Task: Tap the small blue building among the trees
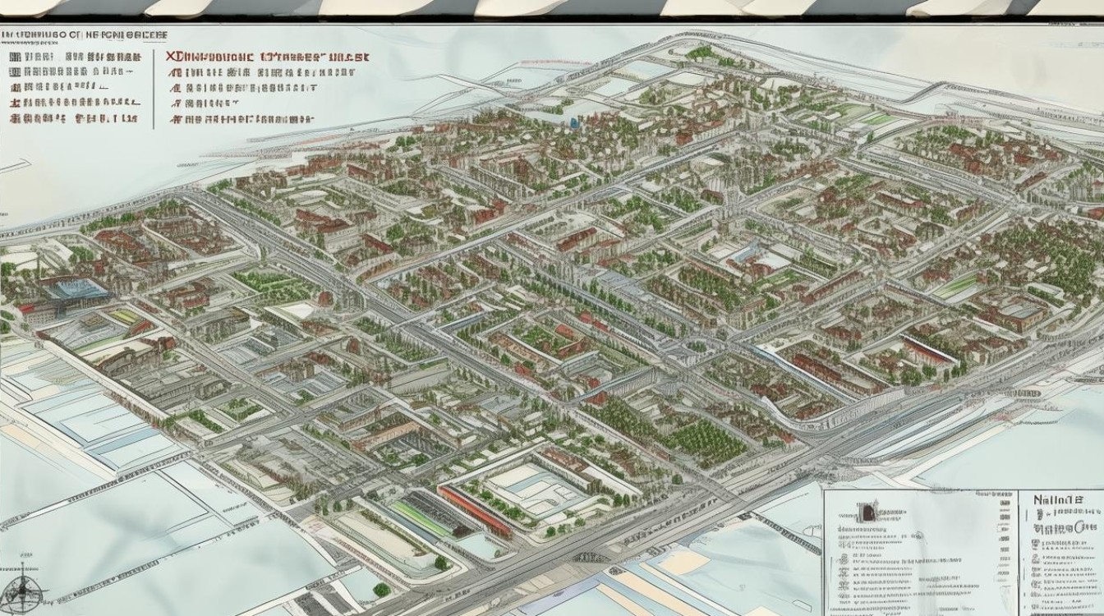574,122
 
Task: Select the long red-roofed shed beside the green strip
475,511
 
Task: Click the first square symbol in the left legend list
14,57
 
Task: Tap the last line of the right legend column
242,119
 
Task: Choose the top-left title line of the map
82,36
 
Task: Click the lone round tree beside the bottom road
381,589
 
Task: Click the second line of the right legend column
246,72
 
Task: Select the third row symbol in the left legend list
14,87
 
